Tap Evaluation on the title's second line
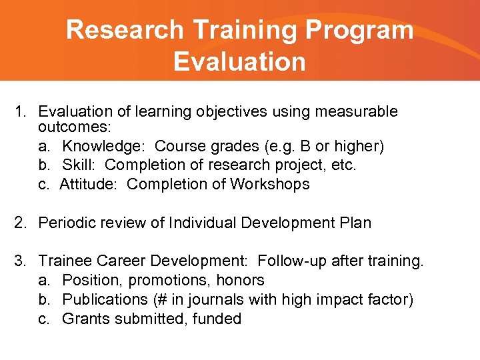[239, 61]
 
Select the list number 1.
[20, 111]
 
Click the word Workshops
[270, 184]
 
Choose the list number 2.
[20, 223]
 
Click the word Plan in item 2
[353, 223]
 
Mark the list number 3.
[20, 261]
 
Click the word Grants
[85, 319]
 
